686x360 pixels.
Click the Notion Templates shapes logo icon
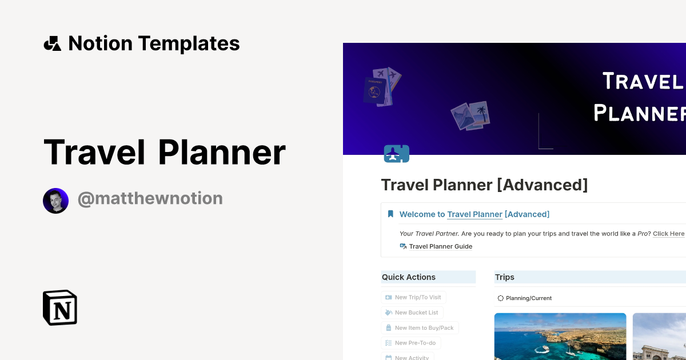point(53,43)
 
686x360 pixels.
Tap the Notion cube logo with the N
point(60,308)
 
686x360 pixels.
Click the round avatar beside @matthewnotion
point(55,201)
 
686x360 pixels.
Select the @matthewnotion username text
point(150,199)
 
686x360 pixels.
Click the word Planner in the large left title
point(221,152)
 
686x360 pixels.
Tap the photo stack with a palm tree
point(470,115)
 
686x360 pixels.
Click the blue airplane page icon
point(397,154)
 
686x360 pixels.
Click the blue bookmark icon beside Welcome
point(390,214)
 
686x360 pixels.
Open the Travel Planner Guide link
point(440,247)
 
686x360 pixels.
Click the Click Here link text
point(668,234)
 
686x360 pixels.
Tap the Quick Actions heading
point(409,277)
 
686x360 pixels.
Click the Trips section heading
point(505,277)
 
